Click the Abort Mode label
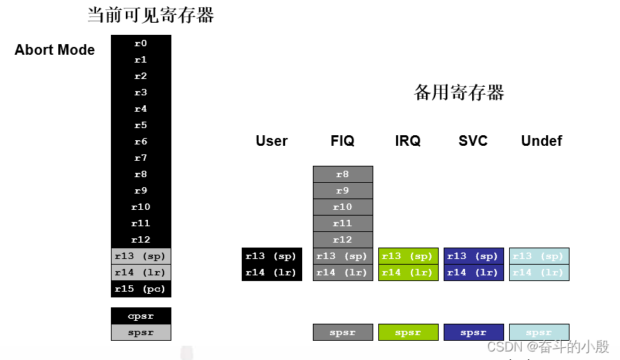(55, 51)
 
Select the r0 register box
(141, 43)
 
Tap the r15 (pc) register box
(141, 289)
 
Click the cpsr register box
(141, 316)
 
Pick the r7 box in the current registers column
(141, 158)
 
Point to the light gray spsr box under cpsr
(141, 332)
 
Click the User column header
(272, 141)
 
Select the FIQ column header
(343, 141)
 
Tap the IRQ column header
(408, 141)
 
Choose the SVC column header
(474, 141)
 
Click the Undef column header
(541, 141)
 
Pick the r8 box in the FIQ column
(343, 174)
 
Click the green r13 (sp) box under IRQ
(408, 256)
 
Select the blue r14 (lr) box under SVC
(474, 272)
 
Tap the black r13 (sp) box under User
(272, 256)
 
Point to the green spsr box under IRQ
(408, 332)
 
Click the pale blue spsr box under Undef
(539, 332)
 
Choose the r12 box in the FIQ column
(343, 240)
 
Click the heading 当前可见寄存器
(150, 15)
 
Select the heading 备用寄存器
(459, 92)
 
